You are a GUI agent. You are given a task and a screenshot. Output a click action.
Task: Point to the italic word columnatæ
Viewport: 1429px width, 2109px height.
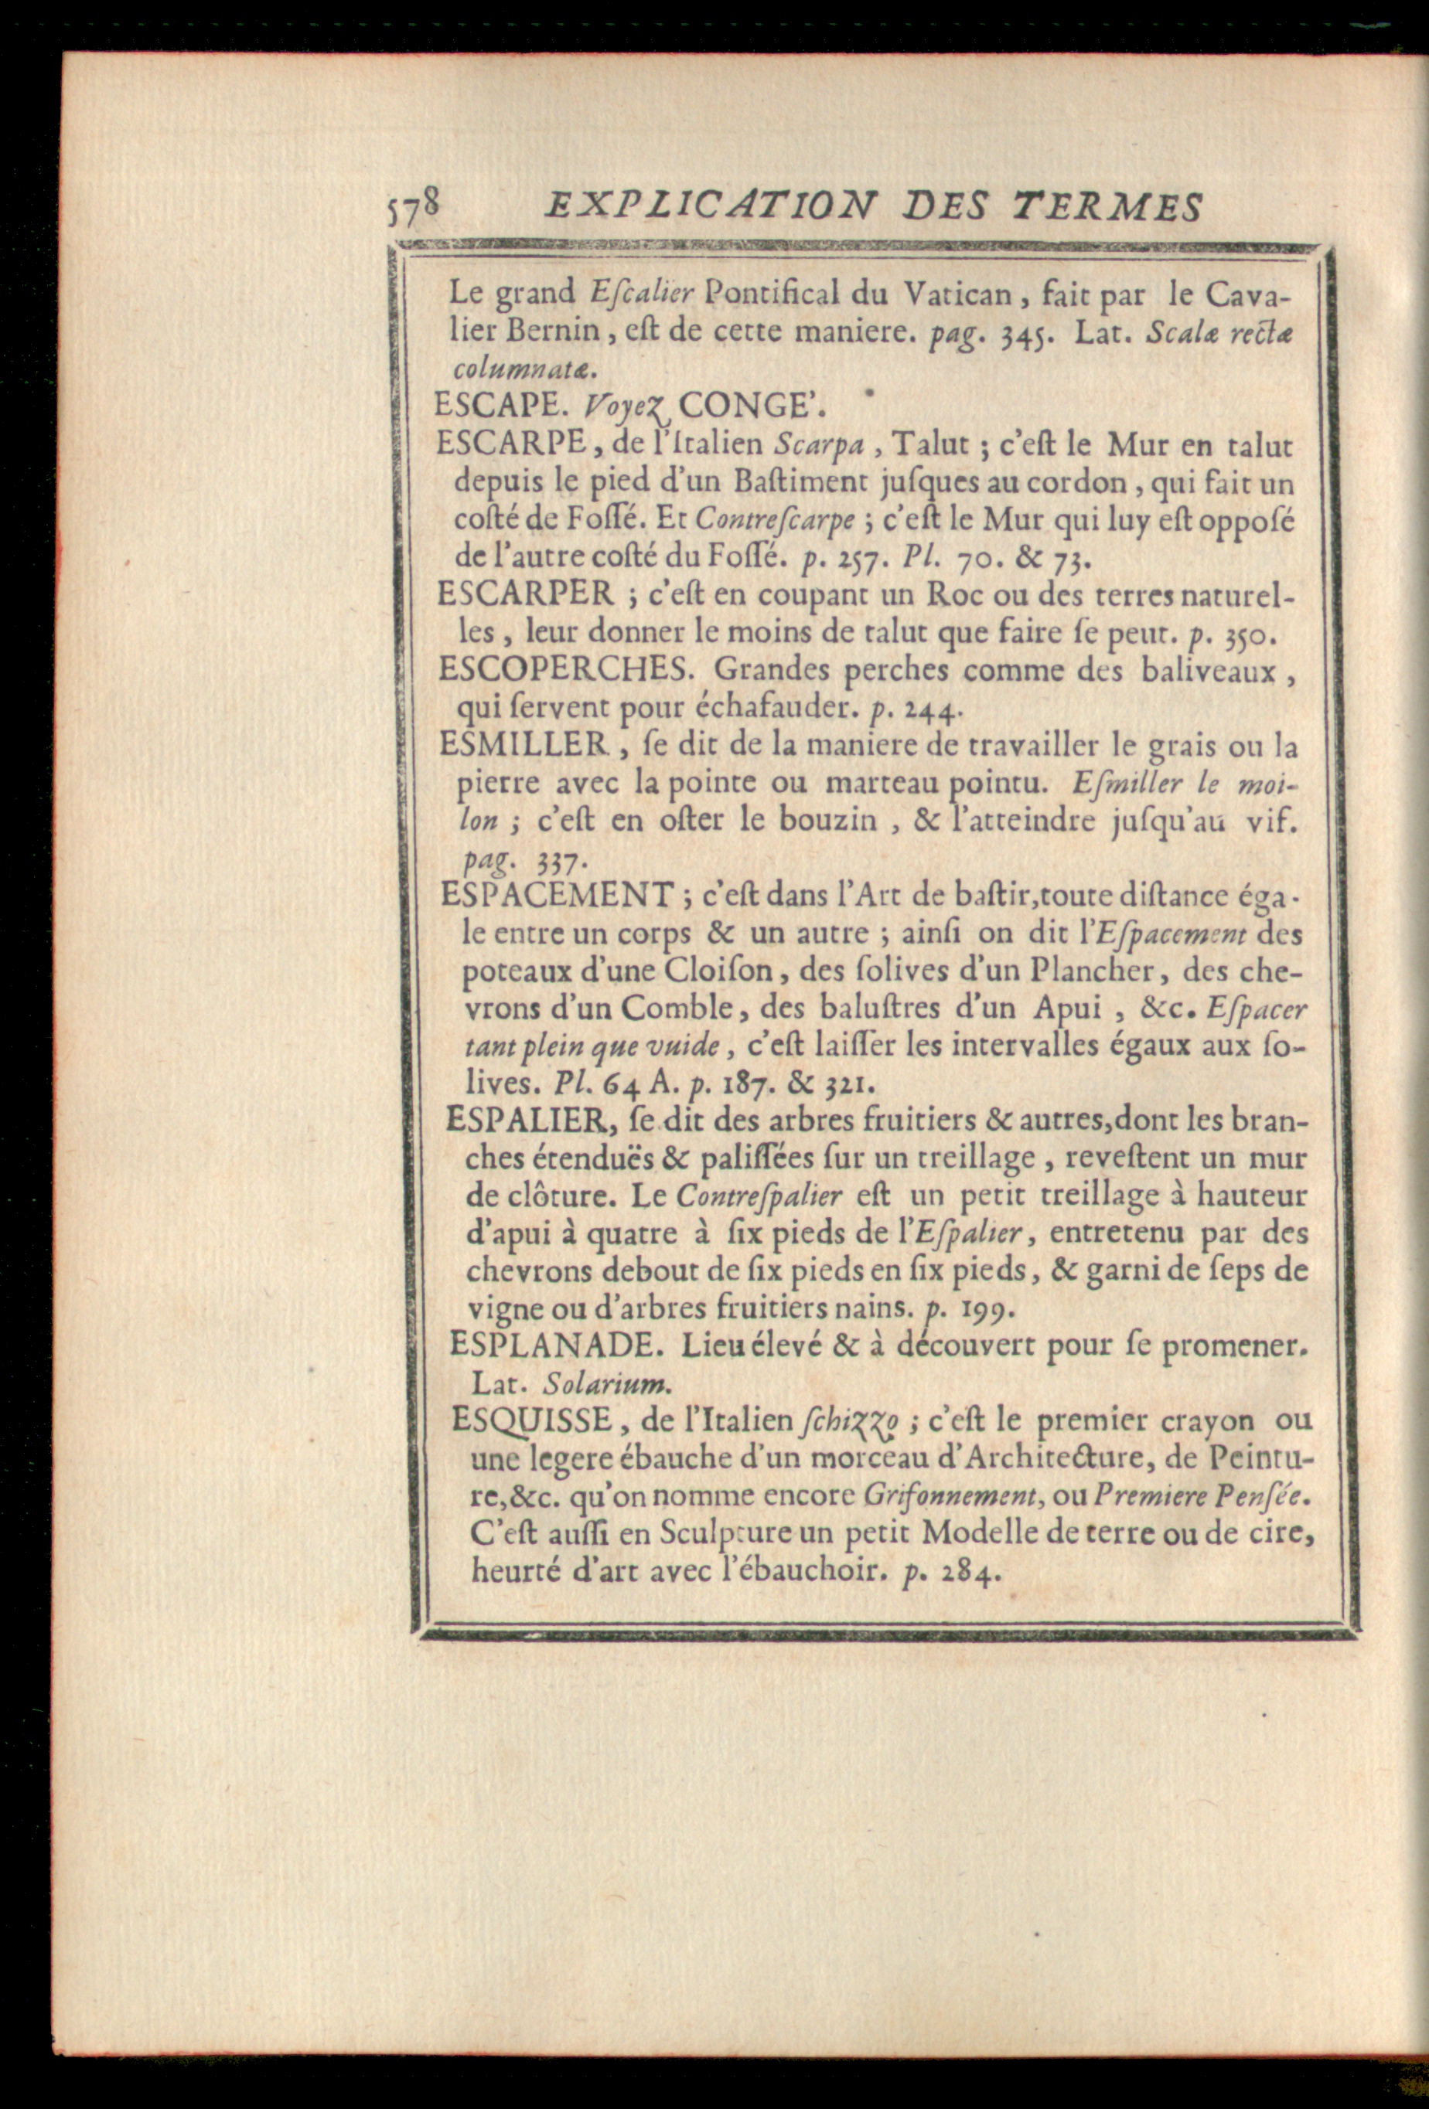[x=524, y=369]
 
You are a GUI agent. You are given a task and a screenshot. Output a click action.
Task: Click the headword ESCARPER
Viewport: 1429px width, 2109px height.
[x=526, y=594]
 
